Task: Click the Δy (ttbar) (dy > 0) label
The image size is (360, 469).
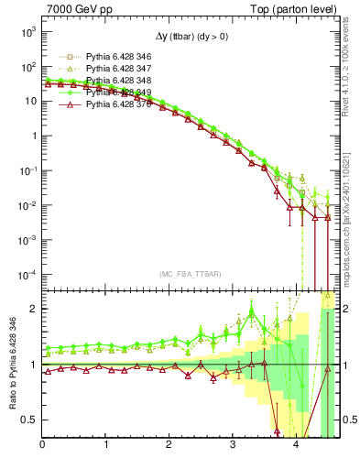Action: point(186,38)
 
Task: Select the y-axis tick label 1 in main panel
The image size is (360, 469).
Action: point(33,136)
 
